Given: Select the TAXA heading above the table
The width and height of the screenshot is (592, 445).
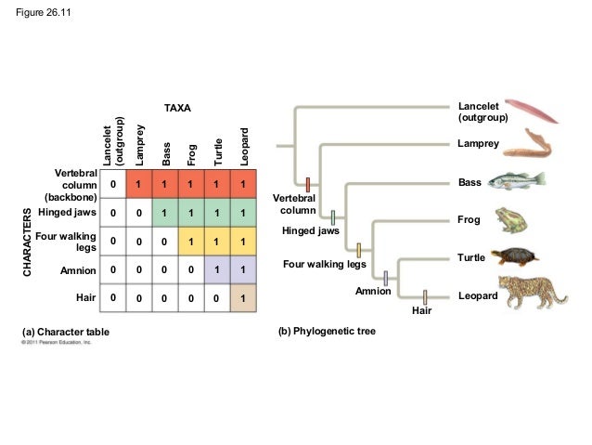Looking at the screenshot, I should click(x=176, y=109).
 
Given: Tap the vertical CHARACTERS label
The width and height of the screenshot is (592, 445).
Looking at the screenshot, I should click(x=27, y=244).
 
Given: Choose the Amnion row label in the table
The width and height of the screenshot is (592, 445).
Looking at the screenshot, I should click(x=78, y=270).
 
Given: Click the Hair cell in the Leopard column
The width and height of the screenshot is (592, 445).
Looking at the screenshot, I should click(x=242, y=299).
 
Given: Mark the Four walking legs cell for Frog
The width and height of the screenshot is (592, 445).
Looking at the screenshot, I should click(x=190, y=242).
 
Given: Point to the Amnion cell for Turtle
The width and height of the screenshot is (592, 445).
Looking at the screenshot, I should click(x=216, y=270).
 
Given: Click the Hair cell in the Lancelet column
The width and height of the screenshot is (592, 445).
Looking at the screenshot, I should click(x=112, y=299).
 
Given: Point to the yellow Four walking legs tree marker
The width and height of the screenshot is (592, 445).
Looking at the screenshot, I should click(x=358, y=249).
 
